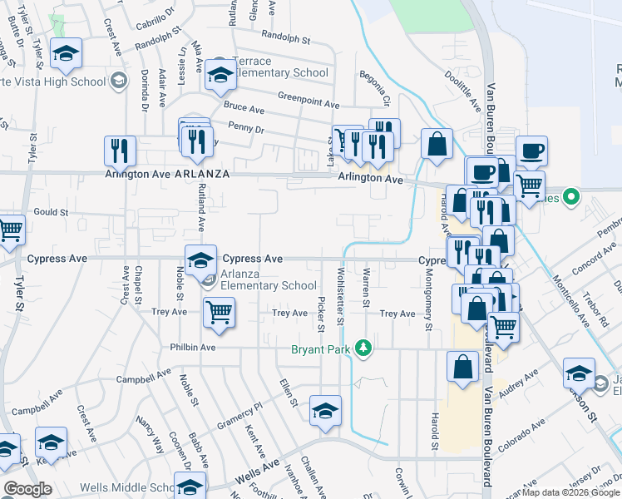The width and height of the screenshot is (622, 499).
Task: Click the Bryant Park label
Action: click(x=321, y=349)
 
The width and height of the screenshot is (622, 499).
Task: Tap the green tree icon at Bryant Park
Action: click(x=362, y=347)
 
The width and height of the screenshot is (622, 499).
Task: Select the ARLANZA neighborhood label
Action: click(x=201, y=174)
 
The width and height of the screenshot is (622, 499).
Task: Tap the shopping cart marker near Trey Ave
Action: click(x=219, y=313)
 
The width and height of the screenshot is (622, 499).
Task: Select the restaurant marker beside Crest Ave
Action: click(x=120, y=151)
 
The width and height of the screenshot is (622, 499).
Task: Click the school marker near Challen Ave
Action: click(x=325, y=410)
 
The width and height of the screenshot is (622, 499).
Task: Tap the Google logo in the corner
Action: click(x=27, y=489)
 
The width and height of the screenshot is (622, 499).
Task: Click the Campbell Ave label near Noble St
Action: click(x=136, y=379)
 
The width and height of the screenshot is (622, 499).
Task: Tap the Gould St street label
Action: click(x=50, y=212)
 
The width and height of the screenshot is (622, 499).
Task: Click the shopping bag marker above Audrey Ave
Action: click(x=462, y=366)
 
